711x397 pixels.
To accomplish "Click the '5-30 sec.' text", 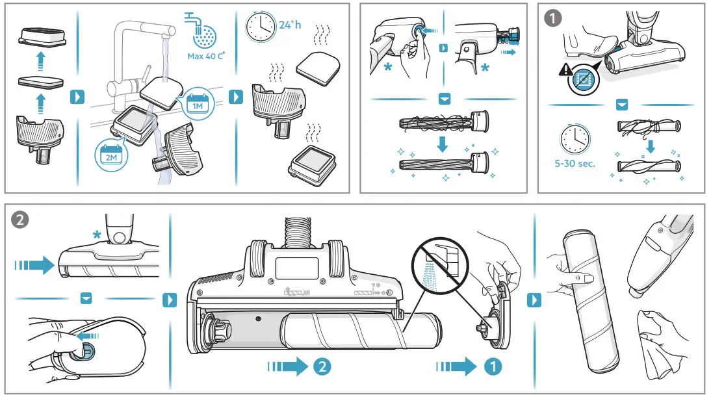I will point(575,164).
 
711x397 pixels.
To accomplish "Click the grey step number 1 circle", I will point(552,19).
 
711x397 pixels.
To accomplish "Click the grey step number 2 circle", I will point(21,220).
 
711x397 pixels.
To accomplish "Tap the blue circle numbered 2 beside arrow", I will point(321,366).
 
